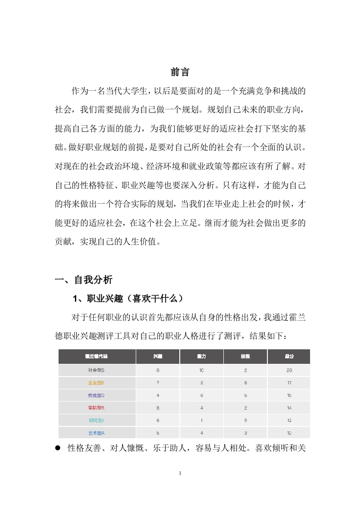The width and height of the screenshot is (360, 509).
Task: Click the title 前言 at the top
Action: click(x=180, y=72)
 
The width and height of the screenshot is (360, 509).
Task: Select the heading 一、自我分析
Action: click(x=84, y=280)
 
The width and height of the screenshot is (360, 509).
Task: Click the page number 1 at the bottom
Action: click(x=180, y=473)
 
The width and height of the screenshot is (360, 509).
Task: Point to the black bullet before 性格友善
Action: click(x=58, y=448)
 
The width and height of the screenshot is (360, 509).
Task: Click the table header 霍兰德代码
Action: click(x=96, y=357)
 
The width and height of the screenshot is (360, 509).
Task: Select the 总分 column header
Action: click(x=289, y=357)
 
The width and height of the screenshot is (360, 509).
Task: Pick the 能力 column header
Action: click(x=202, y=357)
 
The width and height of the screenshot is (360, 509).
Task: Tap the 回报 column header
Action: click(x=245, y=357)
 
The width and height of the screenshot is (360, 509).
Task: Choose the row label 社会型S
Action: click(x=96, y=370)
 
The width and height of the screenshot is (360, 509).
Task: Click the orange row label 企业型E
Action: click(x=96, y=383)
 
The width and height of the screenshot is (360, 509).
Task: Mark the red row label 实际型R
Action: click(x=96, y=408)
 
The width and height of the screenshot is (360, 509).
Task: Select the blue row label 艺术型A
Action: click(x=96, y=433)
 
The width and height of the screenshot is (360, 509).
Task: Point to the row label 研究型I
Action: click(x=96, y=421)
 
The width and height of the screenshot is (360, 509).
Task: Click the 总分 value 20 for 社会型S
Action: click(x=289, y=370)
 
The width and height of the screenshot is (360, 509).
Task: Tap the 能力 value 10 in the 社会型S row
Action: click(x=202, y=370)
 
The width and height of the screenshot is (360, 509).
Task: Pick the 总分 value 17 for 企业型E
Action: click(x=289, y=383)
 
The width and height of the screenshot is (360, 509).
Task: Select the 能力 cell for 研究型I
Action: click(x=202, y=421)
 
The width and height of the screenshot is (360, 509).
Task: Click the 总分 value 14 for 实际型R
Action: click(x=289, y=408)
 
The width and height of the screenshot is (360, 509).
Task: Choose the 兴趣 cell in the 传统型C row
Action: click(x=158, y=395)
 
